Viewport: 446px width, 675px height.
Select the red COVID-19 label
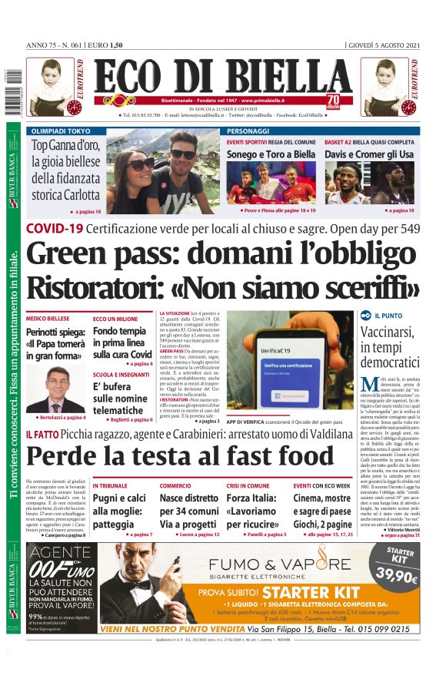(54, 228)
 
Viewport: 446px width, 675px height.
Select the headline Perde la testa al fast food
(166, 456)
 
